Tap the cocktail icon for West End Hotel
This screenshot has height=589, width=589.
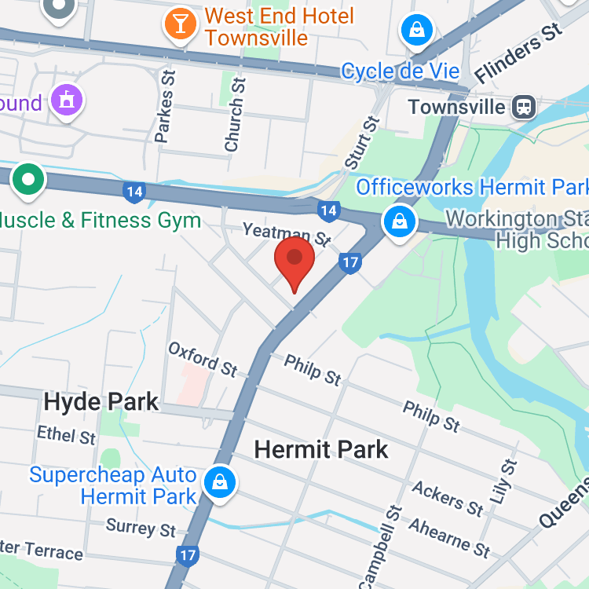(x=180, y=24)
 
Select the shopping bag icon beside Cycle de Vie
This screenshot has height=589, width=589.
(x=417, y=31)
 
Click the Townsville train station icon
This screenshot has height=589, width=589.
(x=522, y=107)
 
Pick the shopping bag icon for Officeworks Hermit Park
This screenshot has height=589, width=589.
(x=400, y=221)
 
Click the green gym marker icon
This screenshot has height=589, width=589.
(x=29, y=179)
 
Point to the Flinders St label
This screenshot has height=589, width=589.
(x=520, y=51)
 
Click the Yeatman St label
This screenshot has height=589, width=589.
(x=287, y=232)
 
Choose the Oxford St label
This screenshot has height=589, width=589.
(x=203, y=358)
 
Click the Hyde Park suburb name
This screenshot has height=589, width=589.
(x=101, y=403)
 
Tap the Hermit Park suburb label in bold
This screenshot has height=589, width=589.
(x=322, y=449)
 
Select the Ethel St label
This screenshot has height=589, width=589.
(x=66, y=435)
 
